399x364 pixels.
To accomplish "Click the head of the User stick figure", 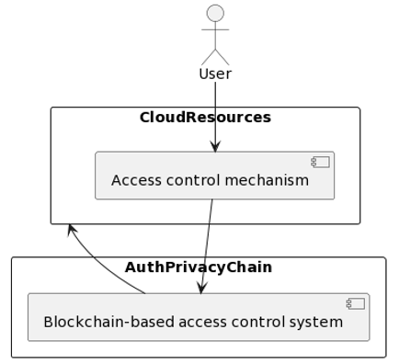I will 215,13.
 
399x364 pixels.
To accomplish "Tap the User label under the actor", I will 215,74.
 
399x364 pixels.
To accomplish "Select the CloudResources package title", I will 205,118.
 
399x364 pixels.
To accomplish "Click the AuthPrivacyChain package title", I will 199,267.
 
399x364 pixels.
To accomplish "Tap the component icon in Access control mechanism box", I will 320,163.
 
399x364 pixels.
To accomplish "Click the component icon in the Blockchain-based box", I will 355,304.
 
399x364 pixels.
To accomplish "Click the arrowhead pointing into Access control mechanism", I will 215,146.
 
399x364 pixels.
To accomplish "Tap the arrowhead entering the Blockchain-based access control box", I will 201,288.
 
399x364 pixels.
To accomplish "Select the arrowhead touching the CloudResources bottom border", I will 70,229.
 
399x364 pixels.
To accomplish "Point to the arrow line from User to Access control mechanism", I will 215,110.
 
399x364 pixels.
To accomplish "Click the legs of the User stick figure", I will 215,57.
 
